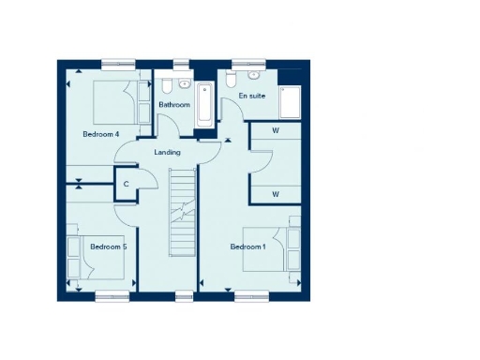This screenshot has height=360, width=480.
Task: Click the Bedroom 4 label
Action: tap(100, 134)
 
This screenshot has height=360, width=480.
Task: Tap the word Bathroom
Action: tap(173, 105)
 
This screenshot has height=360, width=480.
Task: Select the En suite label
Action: tap(250, 96)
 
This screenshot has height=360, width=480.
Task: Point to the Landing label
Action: tap(167, 152)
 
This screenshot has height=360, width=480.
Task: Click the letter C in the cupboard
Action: tap(126, 184)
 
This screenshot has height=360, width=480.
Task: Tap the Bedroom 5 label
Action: tap(108, 247)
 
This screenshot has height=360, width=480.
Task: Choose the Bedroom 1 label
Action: tap(248, 247)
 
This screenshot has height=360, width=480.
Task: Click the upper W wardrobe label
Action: tap(276, 130)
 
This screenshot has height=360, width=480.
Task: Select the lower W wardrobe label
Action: tap(276, 193)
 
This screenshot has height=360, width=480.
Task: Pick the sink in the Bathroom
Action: tap(184, 84)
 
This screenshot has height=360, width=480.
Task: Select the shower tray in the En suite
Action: tap(285, 99)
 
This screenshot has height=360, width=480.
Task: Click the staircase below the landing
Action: tap(181, 211)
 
